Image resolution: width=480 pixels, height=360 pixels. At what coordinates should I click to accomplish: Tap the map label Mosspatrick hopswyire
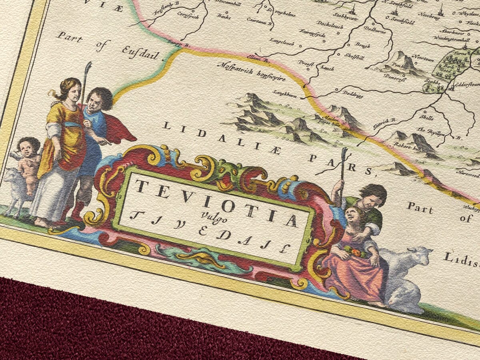click(x=251, y=72)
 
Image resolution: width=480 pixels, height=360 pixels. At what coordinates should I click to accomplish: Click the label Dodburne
click(x=374, y=30)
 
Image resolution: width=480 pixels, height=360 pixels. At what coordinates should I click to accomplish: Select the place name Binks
click(x=224, y=16)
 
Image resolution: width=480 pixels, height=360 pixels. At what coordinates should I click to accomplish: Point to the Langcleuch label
click(x=282, y=41)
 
